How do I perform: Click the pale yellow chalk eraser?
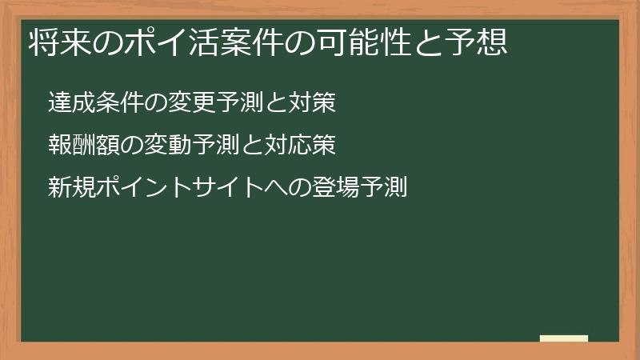pyautogui.click(x=564, y=338)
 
